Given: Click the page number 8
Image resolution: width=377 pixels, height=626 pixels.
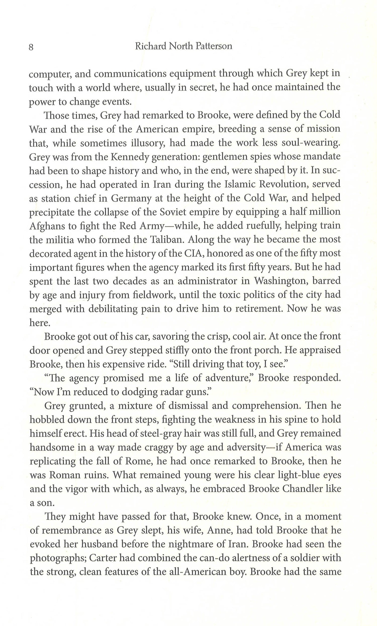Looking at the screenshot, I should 31,48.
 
